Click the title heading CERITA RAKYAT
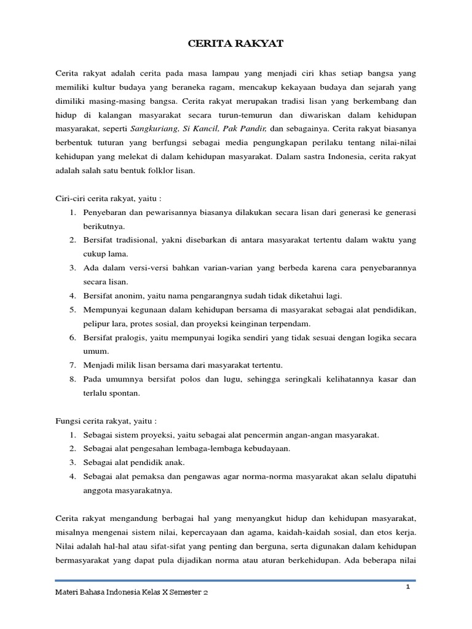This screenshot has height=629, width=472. coord(235,44)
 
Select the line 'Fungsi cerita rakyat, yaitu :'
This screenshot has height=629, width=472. coord(106,421)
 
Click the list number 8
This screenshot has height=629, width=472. coord(72,379)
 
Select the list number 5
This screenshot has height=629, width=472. coord(72,310)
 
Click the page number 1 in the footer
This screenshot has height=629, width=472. coord(407,587)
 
